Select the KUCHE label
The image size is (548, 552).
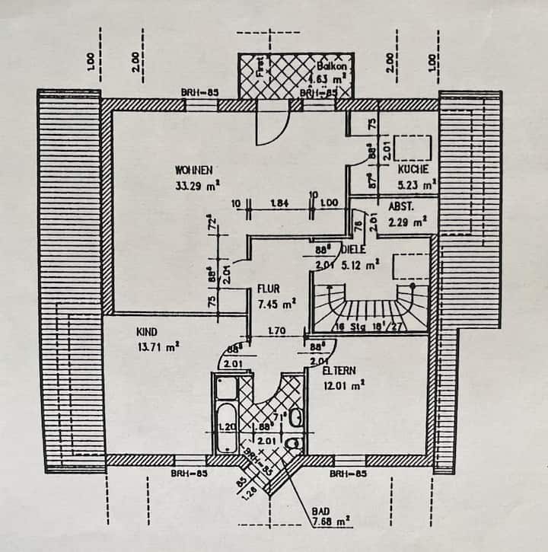(413, 169)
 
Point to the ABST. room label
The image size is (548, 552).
(401, 206)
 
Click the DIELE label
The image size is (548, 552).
(354, 250)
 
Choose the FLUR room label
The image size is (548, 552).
(269, 289)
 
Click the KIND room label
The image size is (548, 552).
(146, 332)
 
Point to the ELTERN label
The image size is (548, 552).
(338, 371)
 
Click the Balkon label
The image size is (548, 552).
(332, 66)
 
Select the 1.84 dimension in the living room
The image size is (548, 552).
(279, 203)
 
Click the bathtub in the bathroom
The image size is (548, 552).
(225, 415)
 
